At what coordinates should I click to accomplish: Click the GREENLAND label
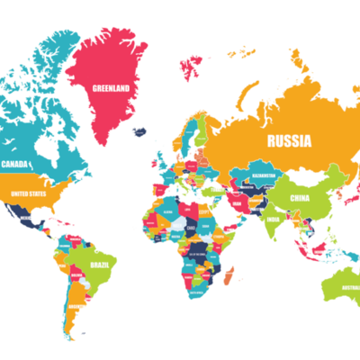(112, 87)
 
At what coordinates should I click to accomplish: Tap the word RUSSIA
(288, 140)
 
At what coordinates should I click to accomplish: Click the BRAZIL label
(99, 265)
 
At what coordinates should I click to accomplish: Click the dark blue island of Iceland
(139, 131)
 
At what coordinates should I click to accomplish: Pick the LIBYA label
(187, 208)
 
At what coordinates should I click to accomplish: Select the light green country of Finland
(200, 133)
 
